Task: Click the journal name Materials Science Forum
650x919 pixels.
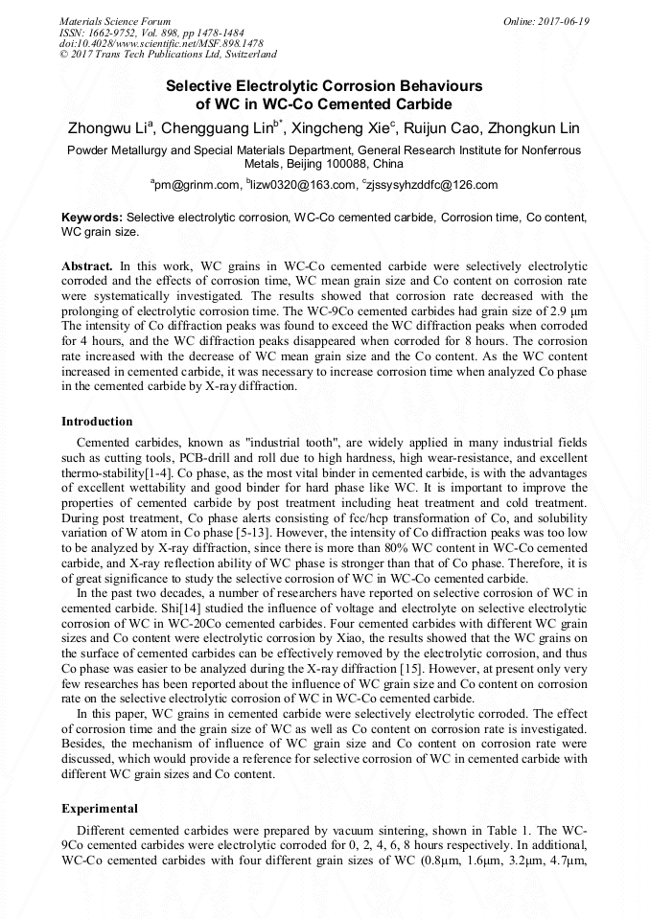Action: pos(115,21)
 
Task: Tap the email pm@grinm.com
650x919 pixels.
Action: pos(197,185)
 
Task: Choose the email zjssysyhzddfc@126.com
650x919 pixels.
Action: pos(434,185)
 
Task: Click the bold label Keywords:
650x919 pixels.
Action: pos(92,218)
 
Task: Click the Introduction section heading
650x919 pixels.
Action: pos(97,422)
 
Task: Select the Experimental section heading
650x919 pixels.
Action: pos(100,809)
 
